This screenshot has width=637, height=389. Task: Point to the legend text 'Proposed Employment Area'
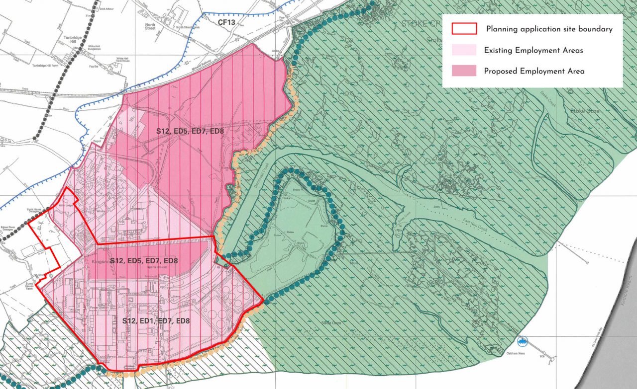(x=534, y=71)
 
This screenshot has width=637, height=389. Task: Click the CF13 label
(x=227, y=22)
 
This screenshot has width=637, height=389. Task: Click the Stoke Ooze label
(x=585, y=111)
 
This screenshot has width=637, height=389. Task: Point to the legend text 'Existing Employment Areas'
(x=533, y=50)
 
